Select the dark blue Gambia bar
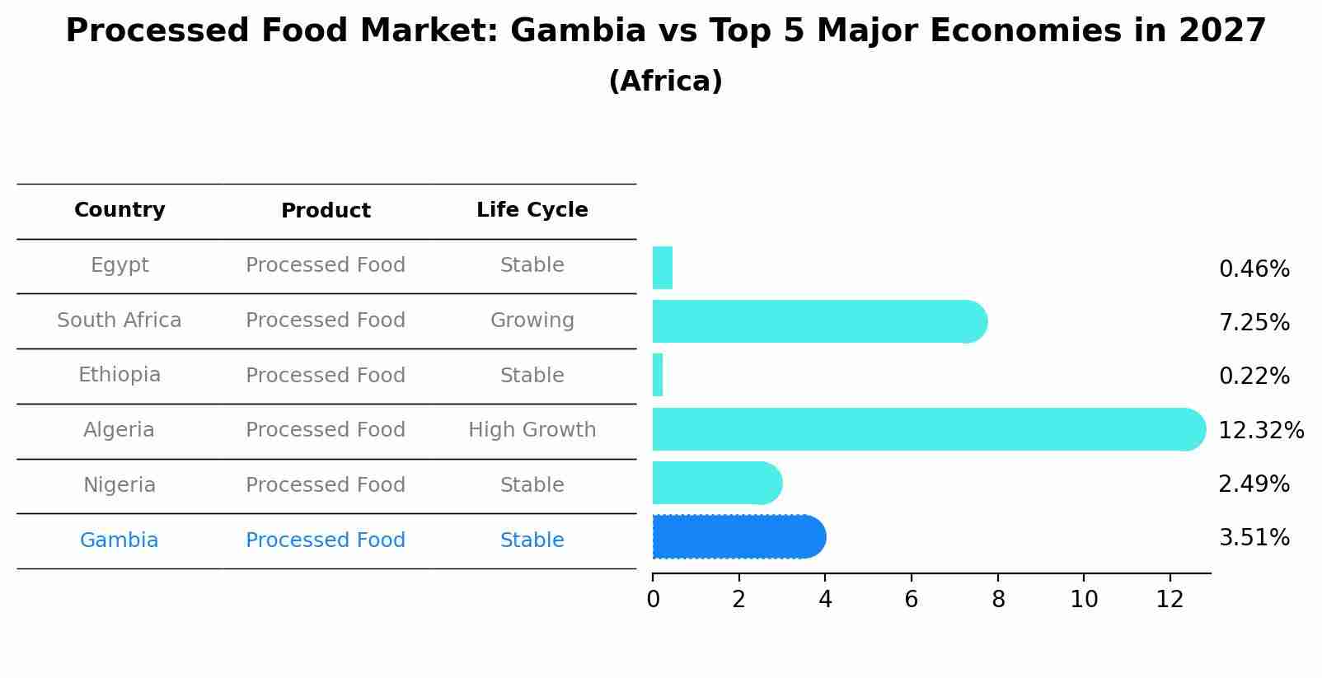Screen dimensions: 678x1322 [x=738, y=537]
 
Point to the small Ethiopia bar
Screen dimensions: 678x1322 [x=658, y=376]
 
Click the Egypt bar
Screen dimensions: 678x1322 [x=663, y=268]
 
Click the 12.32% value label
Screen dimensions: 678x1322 [x=1260, y=431]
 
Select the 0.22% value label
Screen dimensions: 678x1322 [x=1254, y=376]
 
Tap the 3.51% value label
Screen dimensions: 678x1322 [x=1254, y=538]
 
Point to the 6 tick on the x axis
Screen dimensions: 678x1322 [x=911, y=600]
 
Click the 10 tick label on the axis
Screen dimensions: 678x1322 [x=1084, y=600]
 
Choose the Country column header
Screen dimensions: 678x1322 [x=120, y=210]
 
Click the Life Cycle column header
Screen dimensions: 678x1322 [x=532, y=210]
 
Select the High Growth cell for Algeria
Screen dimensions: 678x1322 [x=532, y=430]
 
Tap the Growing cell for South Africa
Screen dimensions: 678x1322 [x=532, y=320]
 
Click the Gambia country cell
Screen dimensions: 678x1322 [x=119, y=540]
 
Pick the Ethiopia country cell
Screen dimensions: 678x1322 [x=119, y=375]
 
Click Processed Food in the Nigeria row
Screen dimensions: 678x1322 [x=325, y=485]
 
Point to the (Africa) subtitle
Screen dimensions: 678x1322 [x=665, y=82]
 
